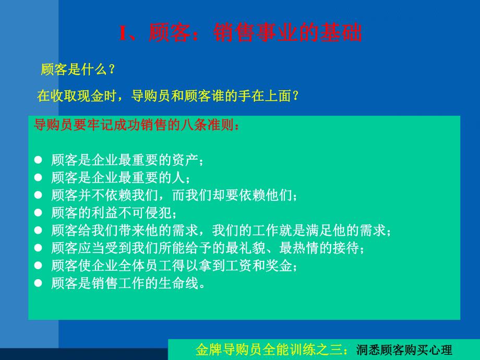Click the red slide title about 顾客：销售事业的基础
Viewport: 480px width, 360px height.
(x=241, y=34)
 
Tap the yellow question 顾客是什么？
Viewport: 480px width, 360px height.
(x=78, y=69)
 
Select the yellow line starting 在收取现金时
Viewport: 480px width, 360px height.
(x=167, y=95)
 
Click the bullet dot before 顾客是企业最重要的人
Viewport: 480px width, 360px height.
(x=38, y=177)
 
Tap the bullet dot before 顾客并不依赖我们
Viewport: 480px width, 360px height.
(x=38, y=195)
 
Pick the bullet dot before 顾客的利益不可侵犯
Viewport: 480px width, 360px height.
(x=38, y=212)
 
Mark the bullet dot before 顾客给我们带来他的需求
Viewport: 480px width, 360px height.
(x=38, y=230)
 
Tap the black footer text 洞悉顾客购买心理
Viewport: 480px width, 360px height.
(x=404, y=349)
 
